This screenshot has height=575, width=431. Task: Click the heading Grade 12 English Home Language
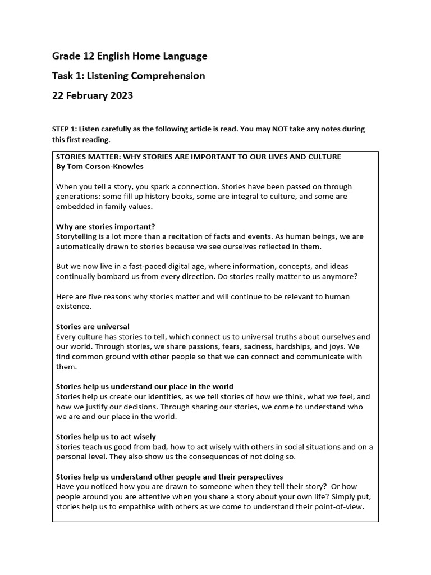tap(130, 56)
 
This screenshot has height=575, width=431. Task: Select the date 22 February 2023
tap(93, 95)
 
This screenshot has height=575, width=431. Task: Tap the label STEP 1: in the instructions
tap(65, 129)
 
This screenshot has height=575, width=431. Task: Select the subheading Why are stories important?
tap(106, 226)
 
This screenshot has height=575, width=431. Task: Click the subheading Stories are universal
tap(93, 326)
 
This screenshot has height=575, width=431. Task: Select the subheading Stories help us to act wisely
tap(106, 436)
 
